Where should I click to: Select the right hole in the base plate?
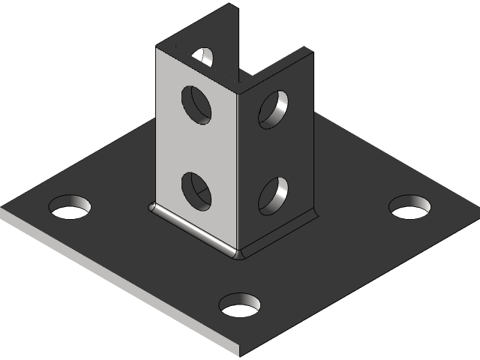pos(411,206)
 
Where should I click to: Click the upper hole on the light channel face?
pos(196,104)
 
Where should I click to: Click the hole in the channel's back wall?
pos(203,55)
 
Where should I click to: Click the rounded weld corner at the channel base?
pos(240,255)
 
